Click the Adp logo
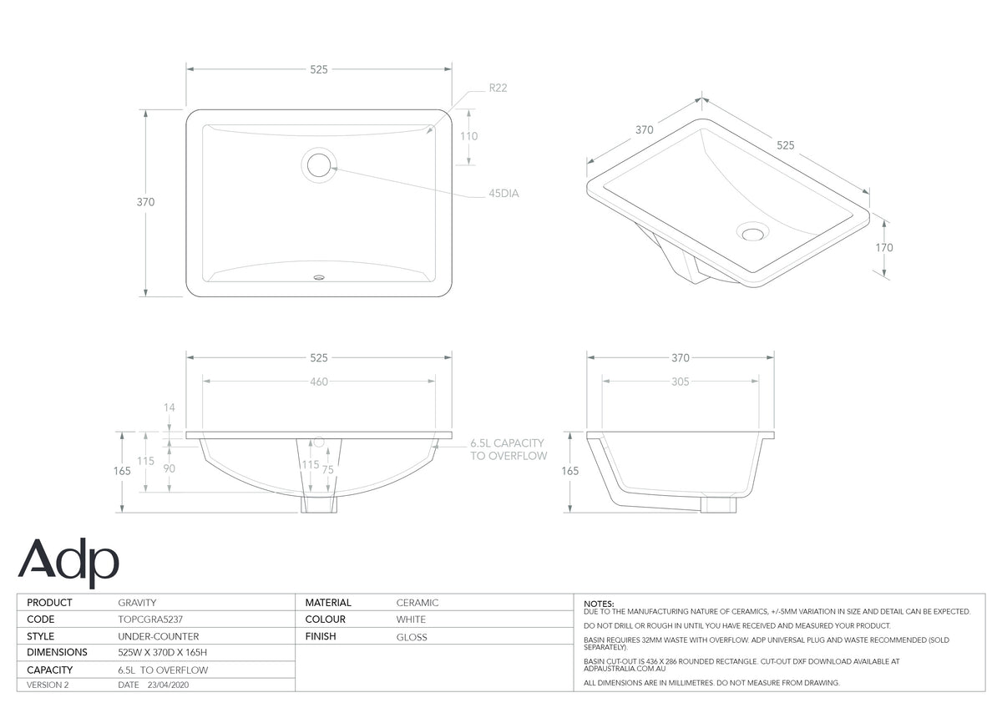(68, 563)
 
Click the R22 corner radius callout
(498, 88)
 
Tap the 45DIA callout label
(504, 193)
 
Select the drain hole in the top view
(318, 164)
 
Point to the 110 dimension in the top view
(468, 136)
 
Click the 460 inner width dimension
(319, 382)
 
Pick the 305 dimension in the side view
(680, 382)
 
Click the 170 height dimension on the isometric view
(884, 247)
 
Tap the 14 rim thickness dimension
(169, 407)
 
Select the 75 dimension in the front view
(328, 469)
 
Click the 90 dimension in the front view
(169, 468)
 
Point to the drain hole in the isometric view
(752, 233)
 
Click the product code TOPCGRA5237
(150, 619)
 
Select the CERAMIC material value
(417, 603)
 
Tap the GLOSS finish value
(412, 637)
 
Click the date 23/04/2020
(168, 685)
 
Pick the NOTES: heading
(599, 604)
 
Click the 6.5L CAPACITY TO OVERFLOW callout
(509, 449)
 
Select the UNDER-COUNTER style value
(159, 636)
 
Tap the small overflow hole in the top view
(319, 277)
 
